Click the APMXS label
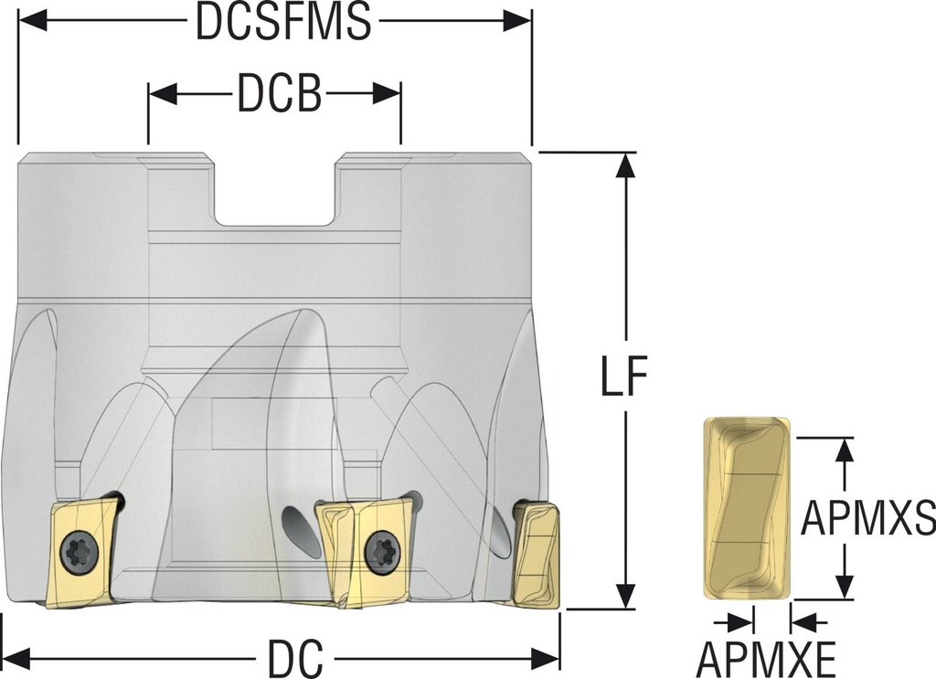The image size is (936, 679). pos(867,518)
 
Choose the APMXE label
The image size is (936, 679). pos(766,657)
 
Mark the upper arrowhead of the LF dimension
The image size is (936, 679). pos(625,164)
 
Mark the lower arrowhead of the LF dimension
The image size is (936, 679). pos(625,597)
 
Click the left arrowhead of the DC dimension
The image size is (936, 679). pos(16,657)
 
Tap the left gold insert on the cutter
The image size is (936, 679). pos(82,552)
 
